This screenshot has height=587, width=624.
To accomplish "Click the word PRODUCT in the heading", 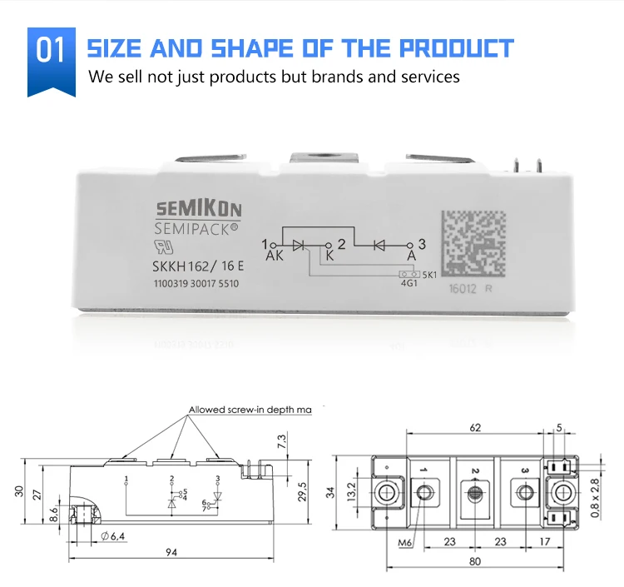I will pos(449,47).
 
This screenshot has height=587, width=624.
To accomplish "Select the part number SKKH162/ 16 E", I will pos(197,266).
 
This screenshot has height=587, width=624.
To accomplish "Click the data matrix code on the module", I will pos(473,243).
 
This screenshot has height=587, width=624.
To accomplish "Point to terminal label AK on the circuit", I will pos(275,256).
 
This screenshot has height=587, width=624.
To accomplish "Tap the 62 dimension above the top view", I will pos(475,429).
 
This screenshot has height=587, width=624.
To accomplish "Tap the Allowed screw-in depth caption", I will pos(250,410).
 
